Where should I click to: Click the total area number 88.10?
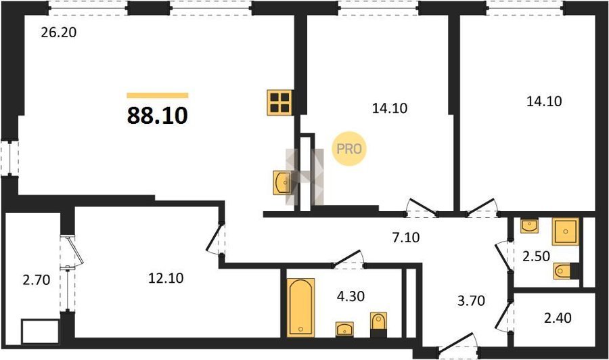coord(157,115)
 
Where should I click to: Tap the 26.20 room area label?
coord(59,32)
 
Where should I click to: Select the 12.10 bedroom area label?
coord(166,278)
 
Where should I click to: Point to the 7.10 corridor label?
coord(406,237)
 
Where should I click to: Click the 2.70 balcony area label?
coord(37,279)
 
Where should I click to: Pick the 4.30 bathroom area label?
coord(351,296)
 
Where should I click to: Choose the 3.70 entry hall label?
coord(471,300)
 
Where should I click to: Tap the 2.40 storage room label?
coord(558,318)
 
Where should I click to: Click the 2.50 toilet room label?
coord(536,256)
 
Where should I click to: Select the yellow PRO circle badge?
coord(348,149)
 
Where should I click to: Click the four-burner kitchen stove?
coord(279,103)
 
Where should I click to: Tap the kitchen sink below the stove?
coord(282,182)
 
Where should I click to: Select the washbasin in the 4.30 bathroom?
coord(344,329)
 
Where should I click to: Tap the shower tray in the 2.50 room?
coord(566,231)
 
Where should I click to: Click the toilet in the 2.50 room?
coord(566,271)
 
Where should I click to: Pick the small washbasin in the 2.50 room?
coord(529,226)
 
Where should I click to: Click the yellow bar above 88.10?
coord(157,95)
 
